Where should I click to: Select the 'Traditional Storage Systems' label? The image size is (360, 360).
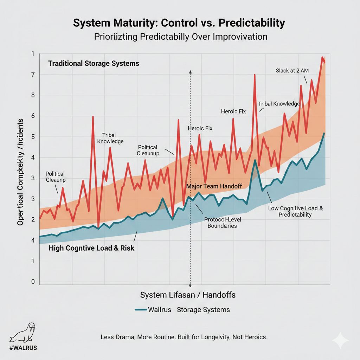[94, 64]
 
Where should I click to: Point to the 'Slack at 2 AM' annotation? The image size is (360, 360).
[292, 71]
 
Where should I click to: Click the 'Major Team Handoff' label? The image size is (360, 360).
[214, 186]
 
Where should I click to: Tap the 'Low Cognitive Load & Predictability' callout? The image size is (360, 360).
[295, 211]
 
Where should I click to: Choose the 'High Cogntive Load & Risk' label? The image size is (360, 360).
[91, 248]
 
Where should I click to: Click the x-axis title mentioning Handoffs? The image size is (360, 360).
[188, 295]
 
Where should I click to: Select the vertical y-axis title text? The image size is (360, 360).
[20, 172]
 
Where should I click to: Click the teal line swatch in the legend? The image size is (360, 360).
[141, 310]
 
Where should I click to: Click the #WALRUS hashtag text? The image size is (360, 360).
[23, 348]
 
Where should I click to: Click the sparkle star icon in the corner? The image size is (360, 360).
[340, 340]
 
